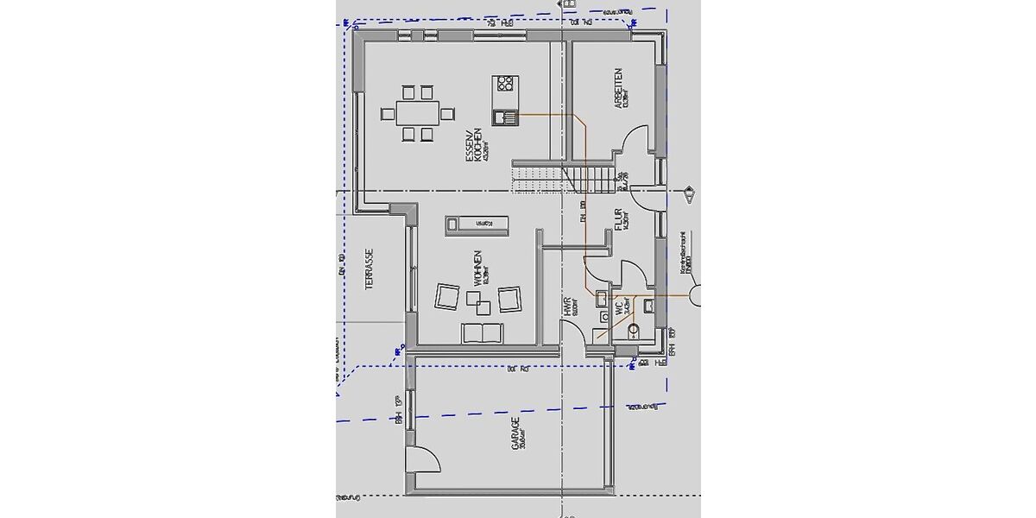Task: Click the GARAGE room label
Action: [x=515, y=434]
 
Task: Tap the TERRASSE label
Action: [x=369, y=269]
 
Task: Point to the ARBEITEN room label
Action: [x=617, y=88]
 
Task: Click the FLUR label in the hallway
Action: [x=618, y=218]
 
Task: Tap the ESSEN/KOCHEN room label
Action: [x=471, y=146]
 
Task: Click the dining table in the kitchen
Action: [x=417, y=112]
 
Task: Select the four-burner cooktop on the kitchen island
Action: [x=505, y=84]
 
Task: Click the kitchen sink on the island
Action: [x=504, y=117]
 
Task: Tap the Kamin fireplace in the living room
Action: [x=477, y=224]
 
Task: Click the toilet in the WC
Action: [x=633, y=329]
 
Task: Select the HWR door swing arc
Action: [x=574, y=332]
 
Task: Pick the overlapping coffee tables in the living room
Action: [x=477, y=301]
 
